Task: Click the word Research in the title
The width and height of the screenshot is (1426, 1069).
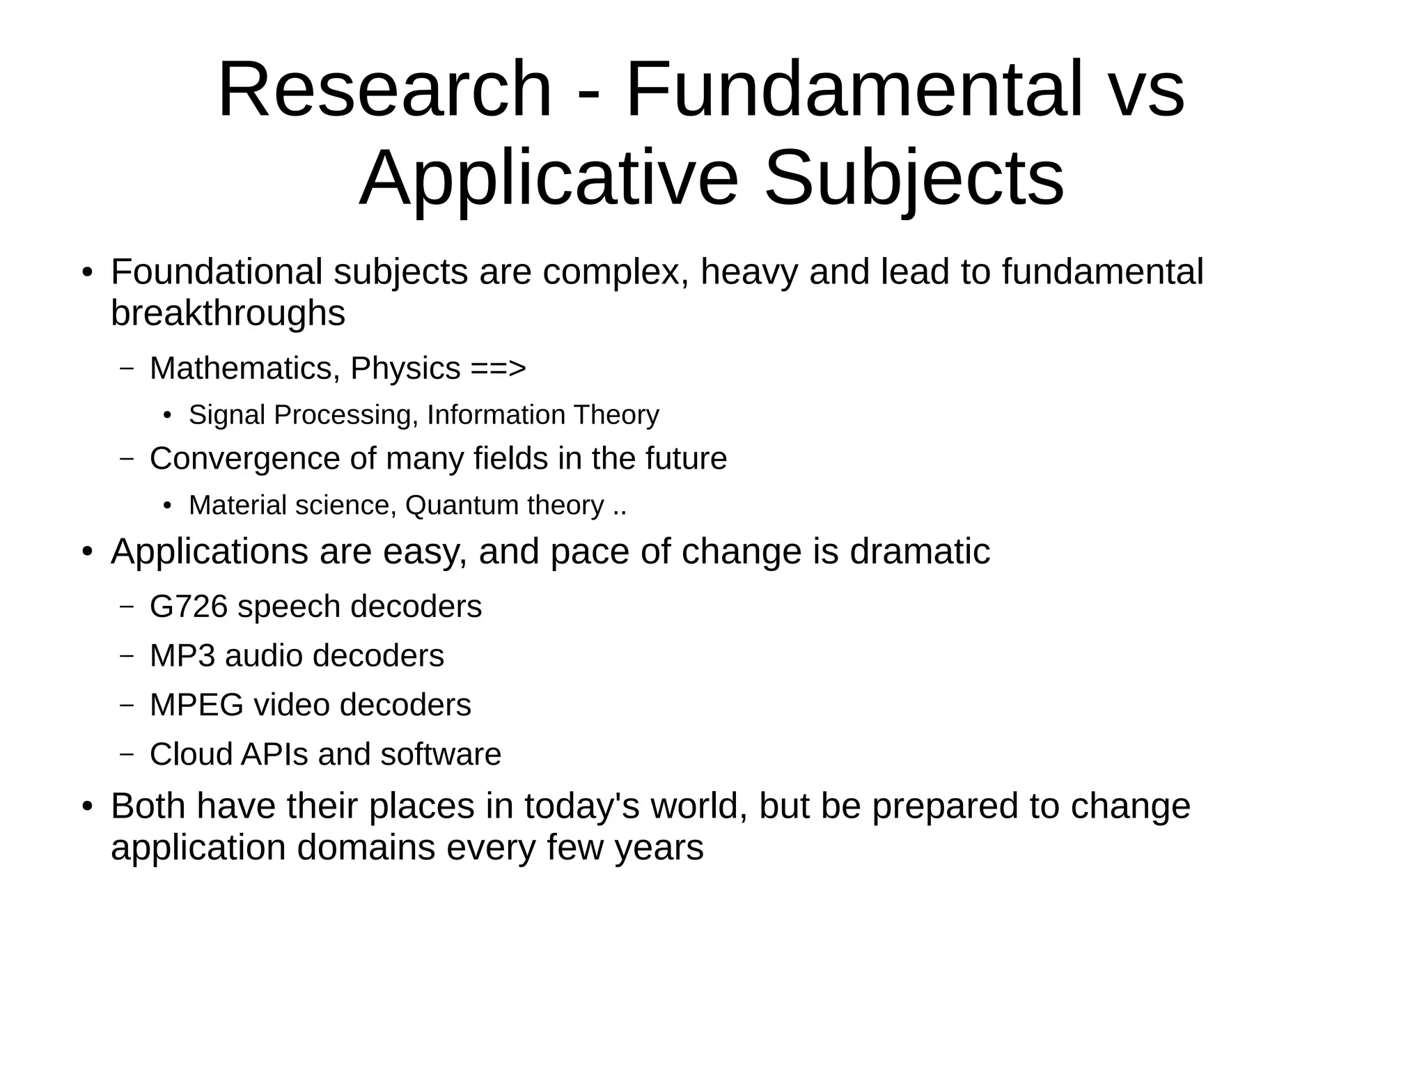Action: (384, 91)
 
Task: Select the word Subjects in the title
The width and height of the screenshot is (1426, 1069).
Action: (914, 180)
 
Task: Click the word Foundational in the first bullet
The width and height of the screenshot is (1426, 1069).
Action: (216, 272)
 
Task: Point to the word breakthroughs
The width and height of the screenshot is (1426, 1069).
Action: (228, 313)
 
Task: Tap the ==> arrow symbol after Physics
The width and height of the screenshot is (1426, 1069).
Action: (498, 368)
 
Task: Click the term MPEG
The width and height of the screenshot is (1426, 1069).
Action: (196, 705)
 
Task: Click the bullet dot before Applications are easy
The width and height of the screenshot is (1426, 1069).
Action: (86, 552)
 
